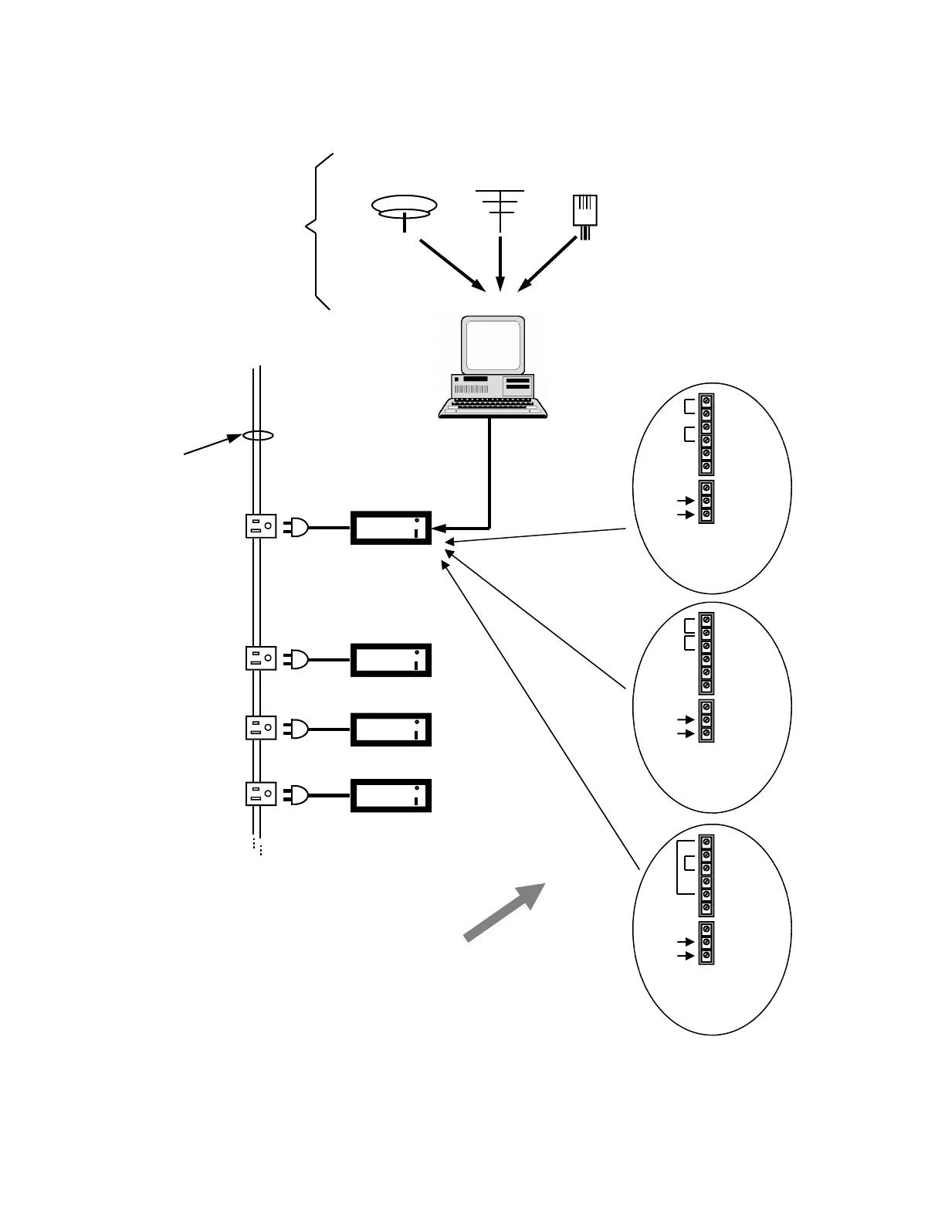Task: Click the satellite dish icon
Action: click(x=404, y=209)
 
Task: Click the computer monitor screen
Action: click(x=493, y=345)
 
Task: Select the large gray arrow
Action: click(x=505, y=912)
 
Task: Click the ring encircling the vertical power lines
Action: click(x=258, y=436)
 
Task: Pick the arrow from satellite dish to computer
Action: click(x=452, y=265)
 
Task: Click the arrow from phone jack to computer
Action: click(x=547, y=264)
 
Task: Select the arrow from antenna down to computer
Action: click(x=500, y=263)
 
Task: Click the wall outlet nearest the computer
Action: click(x=261, y=527)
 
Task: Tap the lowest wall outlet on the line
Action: click(x=261, y=794)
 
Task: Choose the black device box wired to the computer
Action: click(x=391, y=528)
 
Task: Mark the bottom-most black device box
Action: click(x=391, y=796)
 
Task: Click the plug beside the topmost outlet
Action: click(x=296, y=527)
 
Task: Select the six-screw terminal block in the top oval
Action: click(x=706, y=434)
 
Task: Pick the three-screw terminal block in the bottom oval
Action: click(x=706, y=943)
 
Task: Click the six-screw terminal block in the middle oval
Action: click(x=706, y=653)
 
